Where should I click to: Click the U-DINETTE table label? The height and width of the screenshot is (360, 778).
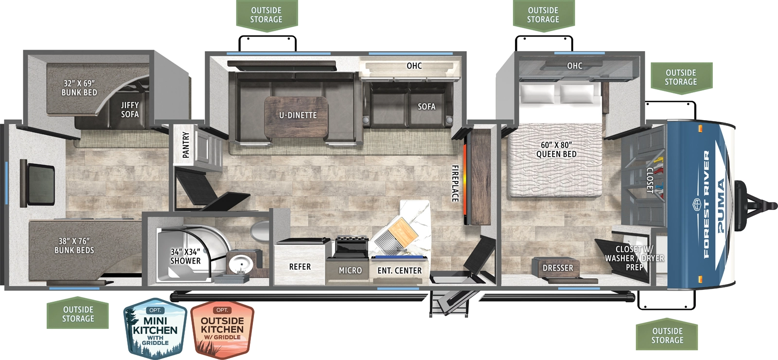[298, 115]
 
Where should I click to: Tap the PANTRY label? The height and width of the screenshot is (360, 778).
[186, 144]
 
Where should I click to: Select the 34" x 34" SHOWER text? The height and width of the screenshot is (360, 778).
[185, 256]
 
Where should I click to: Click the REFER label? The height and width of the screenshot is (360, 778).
[300, 267]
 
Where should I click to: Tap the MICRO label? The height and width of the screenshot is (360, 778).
[350, 270]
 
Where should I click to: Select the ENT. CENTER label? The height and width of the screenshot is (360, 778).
[399, 270]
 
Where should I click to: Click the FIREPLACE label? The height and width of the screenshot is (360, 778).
[455, 183]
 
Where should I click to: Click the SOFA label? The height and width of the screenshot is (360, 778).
[426, 107]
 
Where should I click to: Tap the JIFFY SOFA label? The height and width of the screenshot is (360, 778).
[130, 109]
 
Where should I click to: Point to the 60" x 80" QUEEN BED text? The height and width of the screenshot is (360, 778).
[556, 149]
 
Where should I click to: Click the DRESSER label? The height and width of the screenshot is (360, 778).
[558, 268]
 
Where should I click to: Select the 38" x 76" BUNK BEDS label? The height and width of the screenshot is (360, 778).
[74, 246]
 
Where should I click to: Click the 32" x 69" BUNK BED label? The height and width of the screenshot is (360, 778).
[79, 88]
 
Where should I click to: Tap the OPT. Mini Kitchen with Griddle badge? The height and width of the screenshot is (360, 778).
[155, 328]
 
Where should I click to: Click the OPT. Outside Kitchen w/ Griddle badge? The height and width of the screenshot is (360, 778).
[222, 328]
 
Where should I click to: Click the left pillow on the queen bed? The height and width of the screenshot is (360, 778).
[537, 93]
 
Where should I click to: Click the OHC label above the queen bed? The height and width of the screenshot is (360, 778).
[574, 66]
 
